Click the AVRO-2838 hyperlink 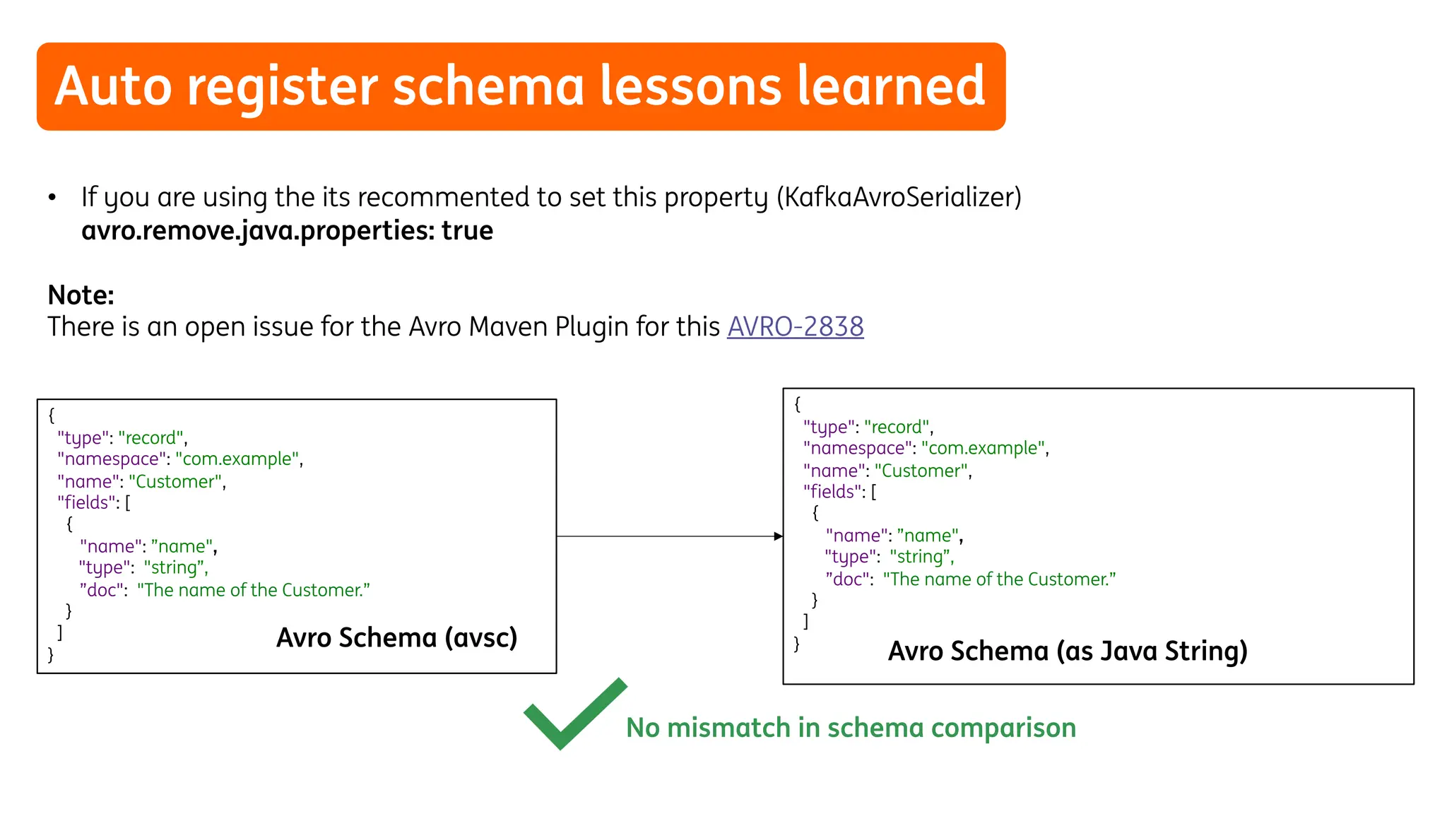click(x=795, y=327)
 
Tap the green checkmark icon click(x=573, y=714)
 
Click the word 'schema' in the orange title click(x=488, y=86)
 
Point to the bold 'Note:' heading click(x=81, y=295)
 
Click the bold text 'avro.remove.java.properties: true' click(x=287, y=231)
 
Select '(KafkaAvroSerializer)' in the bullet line click(x=899, y=197)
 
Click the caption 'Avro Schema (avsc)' click(x=396, y=638)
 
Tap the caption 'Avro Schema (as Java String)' click(x=1067, y=651)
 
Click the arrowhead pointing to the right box click(x=778, y=536)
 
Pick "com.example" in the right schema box click(x=984, y=449)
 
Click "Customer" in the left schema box click(x=175, y=482)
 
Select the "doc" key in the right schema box click(x=849, y=579)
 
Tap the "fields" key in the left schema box click(x=86, y=503)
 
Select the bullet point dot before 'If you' click(x=52, y=197)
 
